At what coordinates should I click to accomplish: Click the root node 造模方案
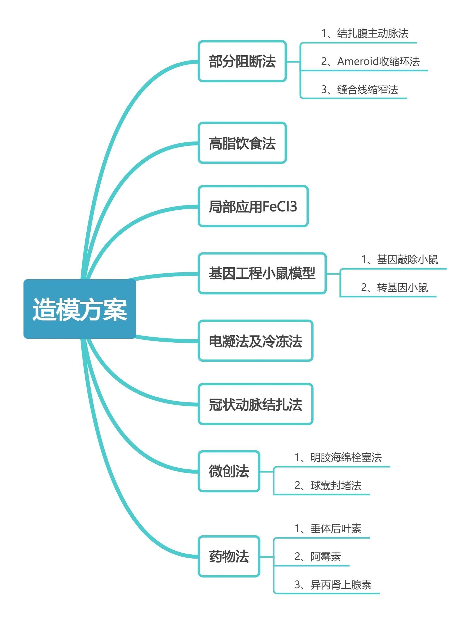click(x=80, y=309)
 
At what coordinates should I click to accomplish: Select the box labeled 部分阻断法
click(x=242, y=61)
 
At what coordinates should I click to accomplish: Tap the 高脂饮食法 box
click(x=242, y=143)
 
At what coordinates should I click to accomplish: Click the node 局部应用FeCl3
click(x=253, y=206)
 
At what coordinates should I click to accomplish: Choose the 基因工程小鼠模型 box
click(x=262, y=273)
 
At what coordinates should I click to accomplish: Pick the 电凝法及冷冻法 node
click(x=255, y=341)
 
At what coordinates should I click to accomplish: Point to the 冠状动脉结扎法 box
click(x=255, y=404)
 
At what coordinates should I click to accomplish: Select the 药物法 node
click(x=229, y=556)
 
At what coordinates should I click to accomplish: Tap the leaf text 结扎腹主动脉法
click(x=372, y=33)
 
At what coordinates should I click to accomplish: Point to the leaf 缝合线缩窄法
click(x=367, y=89)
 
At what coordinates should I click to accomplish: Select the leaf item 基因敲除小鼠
click(x=407, y=259)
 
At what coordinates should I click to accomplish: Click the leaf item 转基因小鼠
click(x=402, y=287)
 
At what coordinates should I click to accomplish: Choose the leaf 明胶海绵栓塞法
click(x=346, y=457)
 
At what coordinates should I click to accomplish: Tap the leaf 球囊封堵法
click(x=336, y=485)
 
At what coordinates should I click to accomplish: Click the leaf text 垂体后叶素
click(x=336, y=528)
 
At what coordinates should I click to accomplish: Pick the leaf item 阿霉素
click(x=325, y=556)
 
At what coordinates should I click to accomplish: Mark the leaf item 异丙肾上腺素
click(x=341, y=585)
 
